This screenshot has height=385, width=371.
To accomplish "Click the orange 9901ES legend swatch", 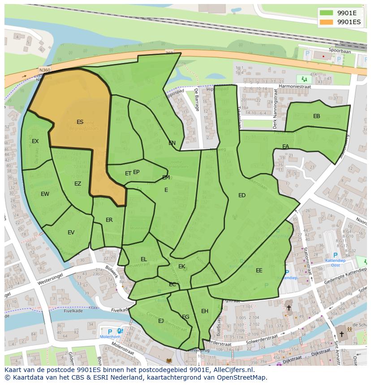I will (x=327, y=21).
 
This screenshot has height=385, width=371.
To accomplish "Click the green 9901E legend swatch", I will (x=327, y=13).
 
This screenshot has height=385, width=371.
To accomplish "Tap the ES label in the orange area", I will (x=80, y=122).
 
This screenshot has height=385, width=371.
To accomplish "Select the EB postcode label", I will (x=316, y=116).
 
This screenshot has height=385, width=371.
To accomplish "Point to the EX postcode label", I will (x=35, y=141).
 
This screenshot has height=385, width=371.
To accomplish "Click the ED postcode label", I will (x=242, y=195).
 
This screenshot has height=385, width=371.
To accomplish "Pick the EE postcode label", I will (x=259, y=270).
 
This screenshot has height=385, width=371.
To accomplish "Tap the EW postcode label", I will (x=45, y=194).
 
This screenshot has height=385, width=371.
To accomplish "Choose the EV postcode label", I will (x=71, y=233).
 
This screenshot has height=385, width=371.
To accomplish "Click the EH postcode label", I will (x=204, y=311).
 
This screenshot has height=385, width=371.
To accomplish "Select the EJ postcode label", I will (x=161, y=321).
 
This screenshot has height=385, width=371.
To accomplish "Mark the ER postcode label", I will (x=109, y=220).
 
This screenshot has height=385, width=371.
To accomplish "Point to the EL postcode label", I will (x=143, y=259).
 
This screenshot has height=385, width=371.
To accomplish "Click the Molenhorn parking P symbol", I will (x=110, y=331).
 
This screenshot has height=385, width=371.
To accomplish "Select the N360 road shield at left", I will (x=44, y=70).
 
